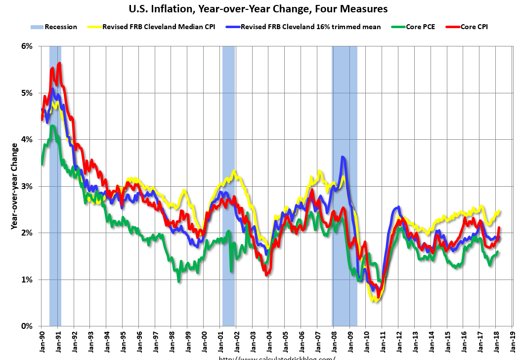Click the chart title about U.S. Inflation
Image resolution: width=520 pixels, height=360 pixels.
[258, 9]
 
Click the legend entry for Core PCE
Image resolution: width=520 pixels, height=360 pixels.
[421, 27]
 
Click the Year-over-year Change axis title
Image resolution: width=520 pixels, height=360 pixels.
[14, 186]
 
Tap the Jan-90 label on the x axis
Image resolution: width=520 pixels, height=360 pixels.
[42, 341]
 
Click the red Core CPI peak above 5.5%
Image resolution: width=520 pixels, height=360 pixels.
[59, 64]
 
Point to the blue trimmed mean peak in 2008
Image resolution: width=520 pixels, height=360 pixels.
[343, 158]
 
